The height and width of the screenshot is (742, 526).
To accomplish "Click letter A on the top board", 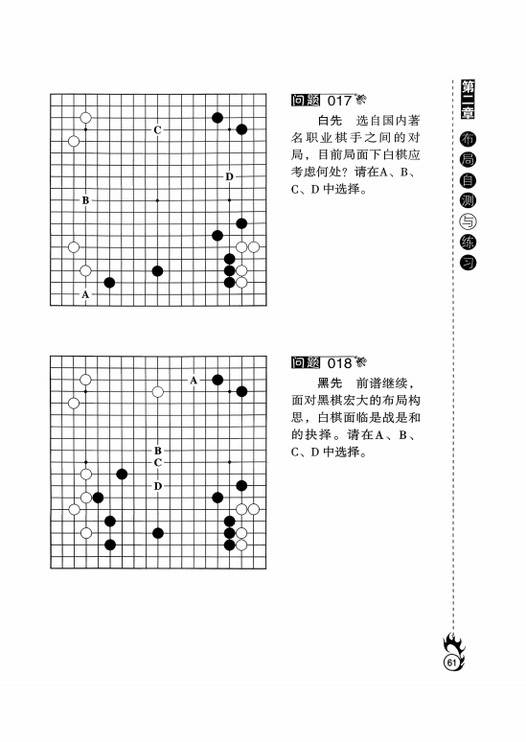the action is click(85, 295).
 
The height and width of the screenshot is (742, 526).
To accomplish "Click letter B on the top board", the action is click(85, 200).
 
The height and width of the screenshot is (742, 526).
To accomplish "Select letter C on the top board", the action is click(157, 129).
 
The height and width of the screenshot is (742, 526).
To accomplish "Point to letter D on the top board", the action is click(229, 177).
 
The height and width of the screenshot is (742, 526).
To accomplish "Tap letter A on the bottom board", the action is click(194, 381).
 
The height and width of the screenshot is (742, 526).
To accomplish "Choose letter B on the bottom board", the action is click(157, 451).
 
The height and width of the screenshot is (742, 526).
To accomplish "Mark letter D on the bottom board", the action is click(157, 486).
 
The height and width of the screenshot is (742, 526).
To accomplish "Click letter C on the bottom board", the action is click(157, 462).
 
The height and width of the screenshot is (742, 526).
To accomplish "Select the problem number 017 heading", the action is click(329, 101).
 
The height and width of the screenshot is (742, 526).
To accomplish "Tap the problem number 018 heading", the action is click(329, 363).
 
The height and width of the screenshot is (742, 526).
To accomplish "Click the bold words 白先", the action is click(330, 122).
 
